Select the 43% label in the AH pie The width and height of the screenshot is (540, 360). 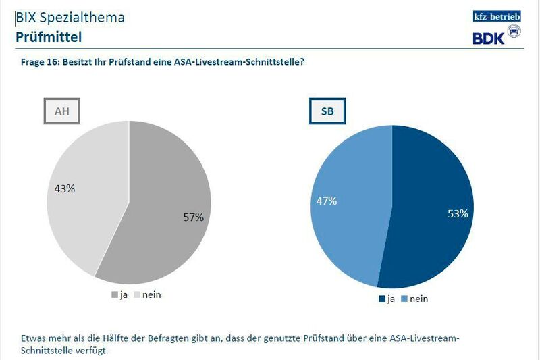(x=65, y=189)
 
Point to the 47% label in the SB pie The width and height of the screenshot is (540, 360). (x=329, y=201)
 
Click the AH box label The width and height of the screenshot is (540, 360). (x=62, y=111)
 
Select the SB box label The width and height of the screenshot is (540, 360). (x=327, y=111)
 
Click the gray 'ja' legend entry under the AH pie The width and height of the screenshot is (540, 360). (x=119, y=295)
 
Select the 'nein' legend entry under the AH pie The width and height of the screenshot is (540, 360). (x=148, y=295)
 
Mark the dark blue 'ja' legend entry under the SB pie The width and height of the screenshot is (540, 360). (x=386, y=299)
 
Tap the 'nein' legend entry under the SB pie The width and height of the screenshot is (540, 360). (x=414, y=299)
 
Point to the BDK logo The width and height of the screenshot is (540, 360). (x=496, y=38)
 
